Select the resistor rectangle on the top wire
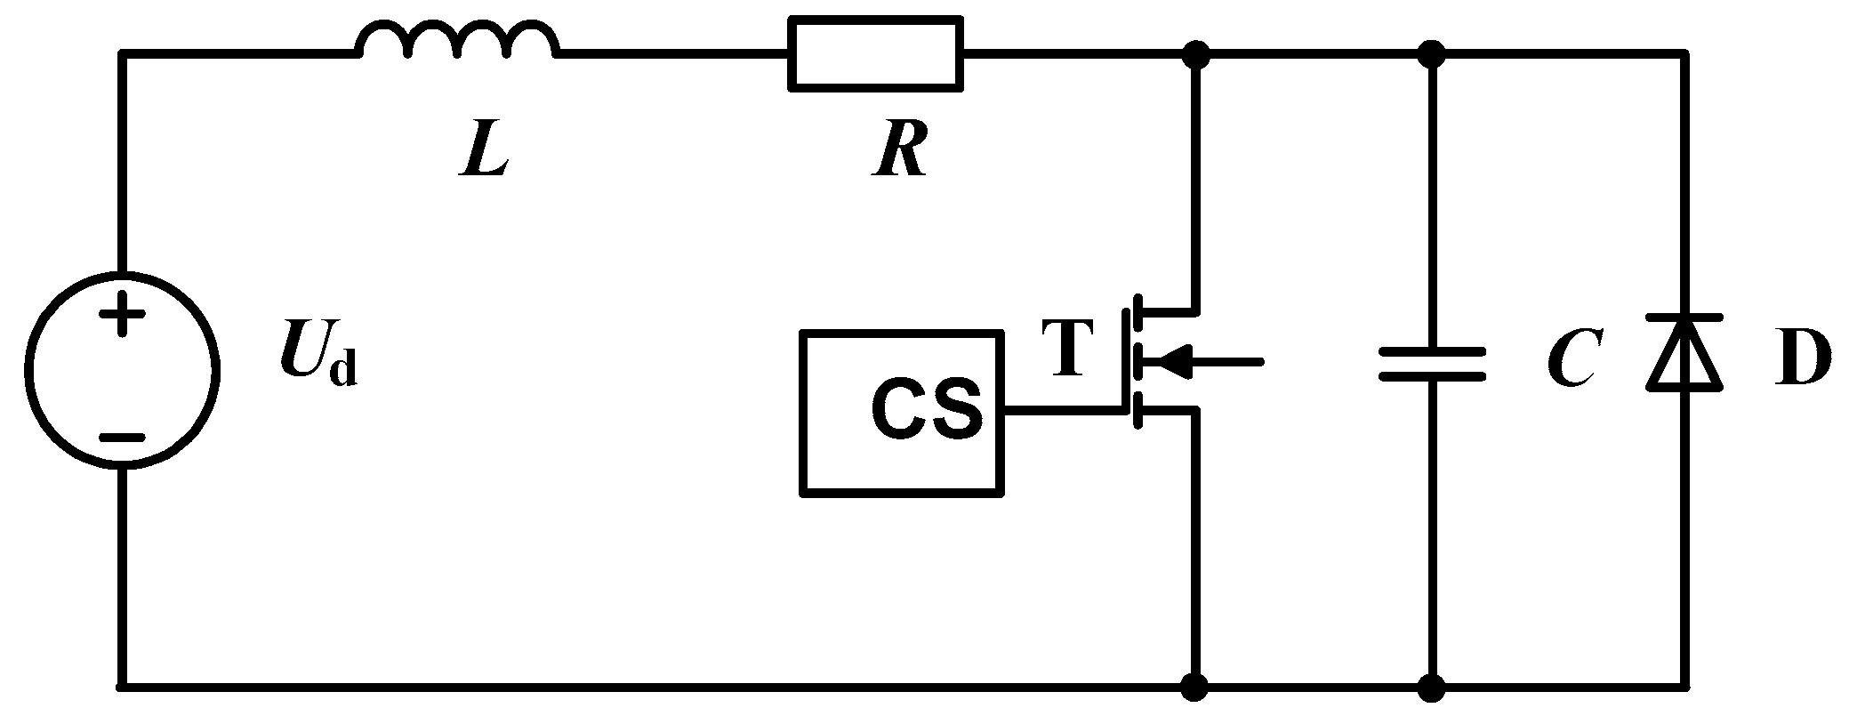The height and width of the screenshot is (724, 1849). click(875, 53)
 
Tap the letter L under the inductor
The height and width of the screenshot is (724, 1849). click(485, 154)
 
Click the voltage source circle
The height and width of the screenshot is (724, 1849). click(123, 368)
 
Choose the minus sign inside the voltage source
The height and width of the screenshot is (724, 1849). click(122, 438)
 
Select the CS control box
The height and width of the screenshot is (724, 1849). click(902, 413)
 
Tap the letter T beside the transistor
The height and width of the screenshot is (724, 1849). click(1068, 348)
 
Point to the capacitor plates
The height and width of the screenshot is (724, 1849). click(1431, 364)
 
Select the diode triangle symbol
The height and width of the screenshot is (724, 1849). click(1684, 353)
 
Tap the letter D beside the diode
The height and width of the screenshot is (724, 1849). click(1802, 359)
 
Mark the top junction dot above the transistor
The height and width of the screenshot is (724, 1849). click(1197, 54)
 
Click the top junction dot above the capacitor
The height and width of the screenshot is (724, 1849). click(1431, 54)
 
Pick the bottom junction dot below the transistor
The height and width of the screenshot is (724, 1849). click(1197, 687)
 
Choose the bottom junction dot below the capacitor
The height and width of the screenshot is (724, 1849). click(1431, 687)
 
